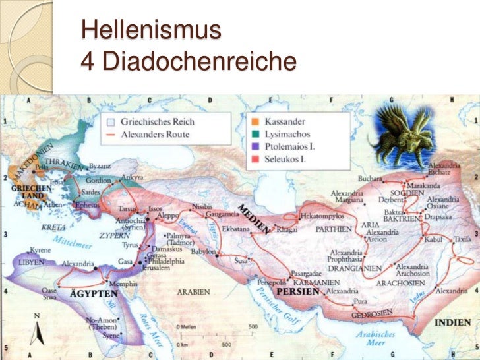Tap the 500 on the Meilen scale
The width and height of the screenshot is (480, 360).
[253, 326]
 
